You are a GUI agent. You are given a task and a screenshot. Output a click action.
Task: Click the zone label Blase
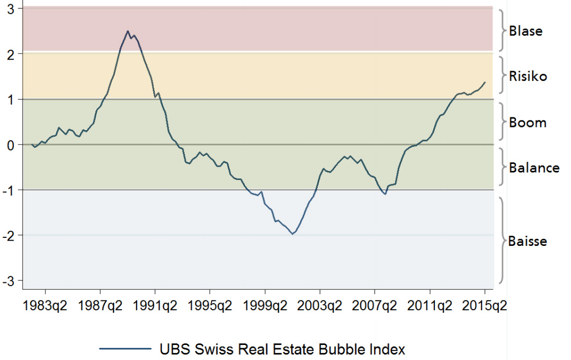(x=525, y=31)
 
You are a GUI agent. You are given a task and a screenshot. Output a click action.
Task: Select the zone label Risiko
(x=528, y=77)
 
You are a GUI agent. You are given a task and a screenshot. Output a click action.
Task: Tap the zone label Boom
(x=528, y=123)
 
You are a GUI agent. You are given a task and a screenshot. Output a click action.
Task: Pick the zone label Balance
(x=534, y=168)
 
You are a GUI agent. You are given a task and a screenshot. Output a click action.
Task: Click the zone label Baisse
(x=528, y=241)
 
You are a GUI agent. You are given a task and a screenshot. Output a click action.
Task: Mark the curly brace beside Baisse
(x=502, y=240)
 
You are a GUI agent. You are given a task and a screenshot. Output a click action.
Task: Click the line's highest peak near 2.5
(x=127, y=31)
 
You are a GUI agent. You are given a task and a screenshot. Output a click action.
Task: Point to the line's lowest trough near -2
(x=292, y=234)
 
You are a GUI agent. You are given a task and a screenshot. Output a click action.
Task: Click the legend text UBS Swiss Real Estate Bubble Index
(x=282, y=349)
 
